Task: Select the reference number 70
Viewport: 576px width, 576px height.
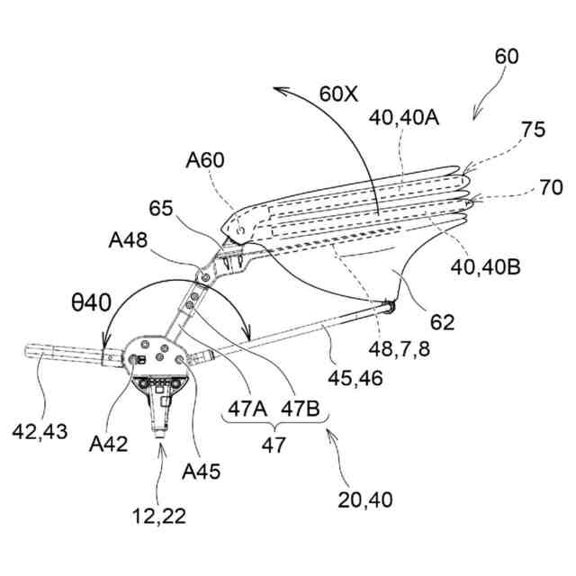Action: tap(552, 187)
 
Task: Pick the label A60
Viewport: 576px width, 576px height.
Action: tap(206, 161)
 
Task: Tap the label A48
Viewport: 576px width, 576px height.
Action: tap(130, 241)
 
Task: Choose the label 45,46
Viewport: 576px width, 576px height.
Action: tap(356, 379)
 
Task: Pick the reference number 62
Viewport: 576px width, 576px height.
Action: tap(443, 320)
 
